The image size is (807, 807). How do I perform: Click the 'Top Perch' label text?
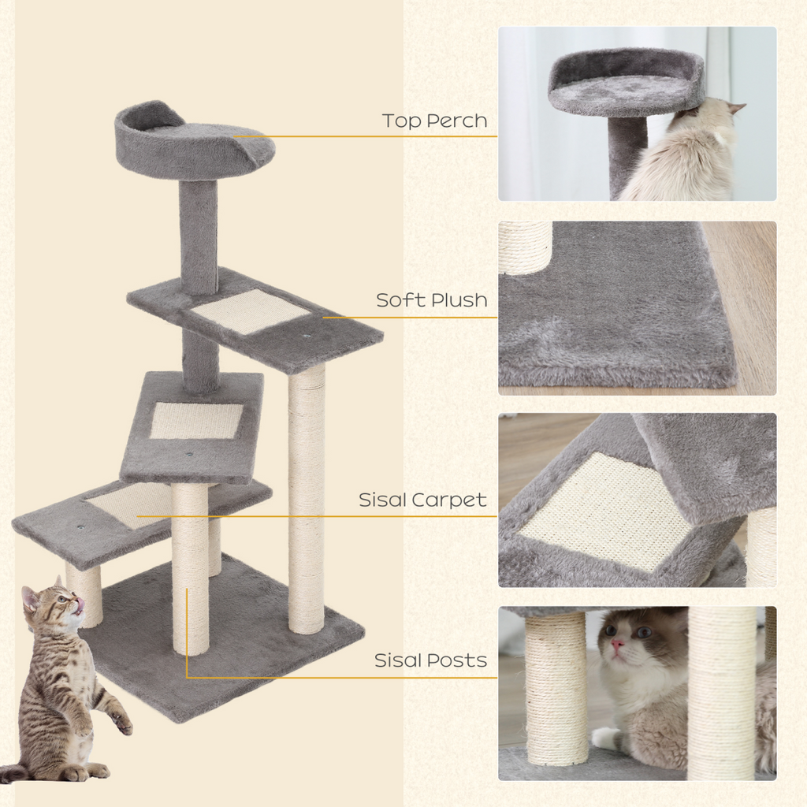tap(434, 121)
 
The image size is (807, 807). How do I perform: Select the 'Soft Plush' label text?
tap(431, 300)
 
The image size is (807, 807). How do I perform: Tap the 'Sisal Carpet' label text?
tap(422, 500)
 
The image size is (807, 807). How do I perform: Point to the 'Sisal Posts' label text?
tap(430, 660)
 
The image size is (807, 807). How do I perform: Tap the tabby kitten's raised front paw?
tap(121, 722)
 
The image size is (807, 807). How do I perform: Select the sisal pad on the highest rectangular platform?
tap(250, 311)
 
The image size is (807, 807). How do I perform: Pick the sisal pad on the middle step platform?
tap(195, 420)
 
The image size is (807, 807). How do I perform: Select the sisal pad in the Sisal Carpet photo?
tap(604, 511)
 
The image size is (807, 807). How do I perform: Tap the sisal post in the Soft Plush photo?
tap(525, 246)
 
